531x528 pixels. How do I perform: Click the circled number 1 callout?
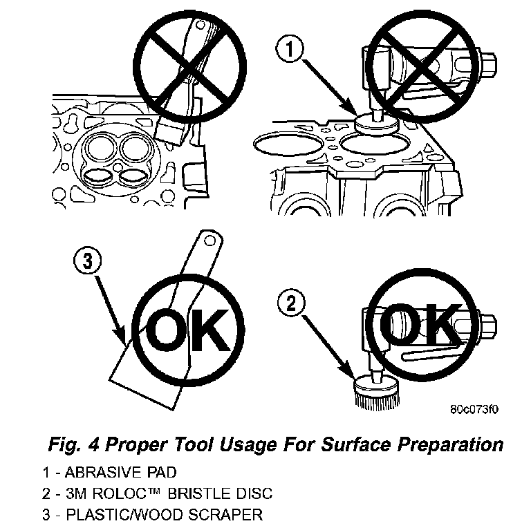tap(290, 49)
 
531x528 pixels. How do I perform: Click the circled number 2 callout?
tap(291, 303)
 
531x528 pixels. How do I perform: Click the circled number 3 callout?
tap(88, 262)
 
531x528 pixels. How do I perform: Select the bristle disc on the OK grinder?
tap(376, 392)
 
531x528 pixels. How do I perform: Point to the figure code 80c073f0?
tap(474, 409)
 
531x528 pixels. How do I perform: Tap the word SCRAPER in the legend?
tap(225, 514)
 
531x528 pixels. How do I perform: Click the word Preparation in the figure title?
tap(450, 445)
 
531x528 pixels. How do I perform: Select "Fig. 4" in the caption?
tap(73, 444)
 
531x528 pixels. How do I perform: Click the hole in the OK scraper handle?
tap(210, 241)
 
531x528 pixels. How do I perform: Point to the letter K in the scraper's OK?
tap(209, 330)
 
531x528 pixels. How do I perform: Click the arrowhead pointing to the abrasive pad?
tap(351, 108)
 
